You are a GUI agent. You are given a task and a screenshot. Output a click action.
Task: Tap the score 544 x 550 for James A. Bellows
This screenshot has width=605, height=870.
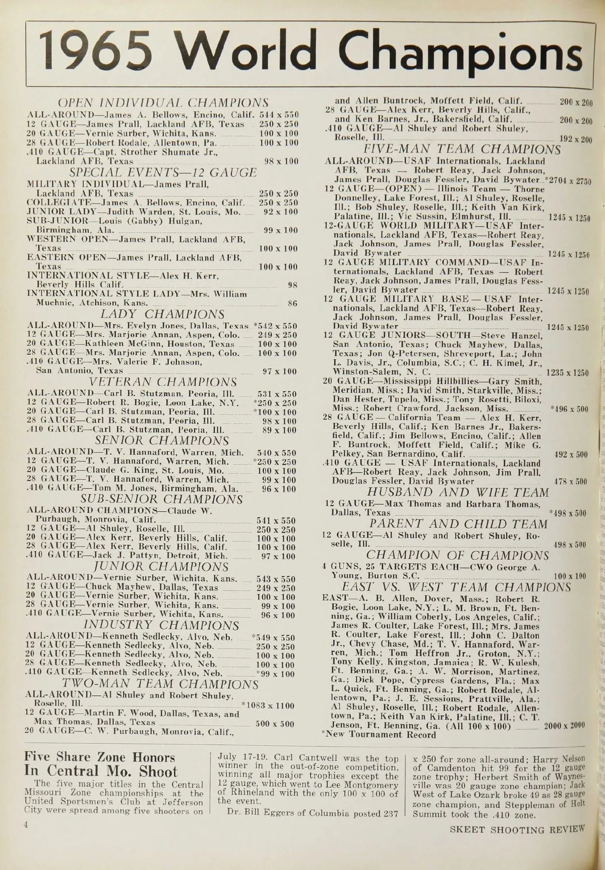point(278,115)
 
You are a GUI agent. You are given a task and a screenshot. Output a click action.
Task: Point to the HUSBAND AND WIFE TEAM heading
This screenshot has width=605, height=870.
point(458,492)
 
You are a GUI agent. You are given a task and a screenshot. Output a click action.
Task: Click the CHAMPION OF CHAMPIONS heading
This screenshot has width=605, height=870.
point(458,556)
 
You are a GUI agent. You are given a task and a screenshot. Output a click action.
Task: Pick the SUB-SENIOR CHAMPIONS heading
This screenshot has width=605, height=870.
point(162,500)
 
